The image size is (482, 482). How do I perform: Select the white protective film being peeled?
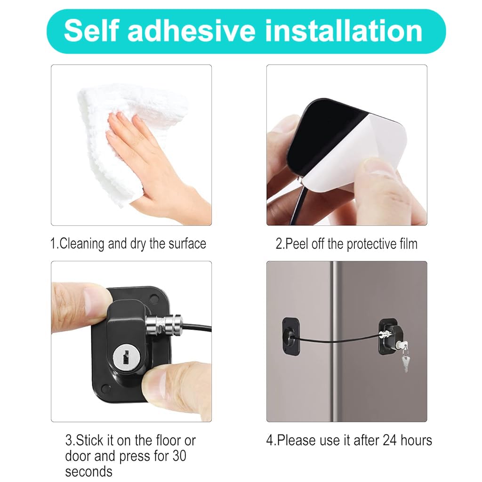[x=377, y=151]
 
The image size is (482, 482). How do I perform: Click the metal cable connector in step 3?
[x=162, y=325]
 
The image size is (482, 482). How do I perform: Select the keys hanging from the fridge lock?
[x=403, y=360]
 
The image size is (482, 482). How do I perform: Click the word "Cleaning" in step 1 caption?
[x=82, y=244]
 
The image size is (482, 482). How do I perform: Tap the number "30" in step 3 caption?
[x=180, y=456]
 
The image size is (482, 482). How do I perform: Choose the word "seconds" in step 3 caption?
[x=89, y=471]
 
